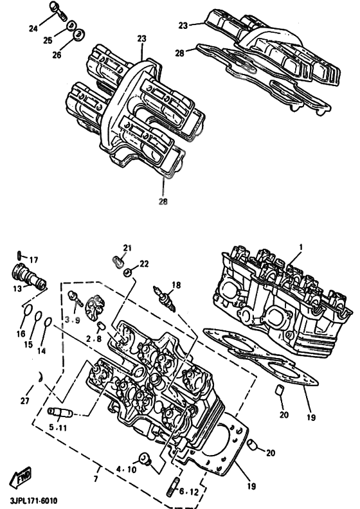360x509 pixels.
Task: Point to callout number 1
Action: click(300, 246)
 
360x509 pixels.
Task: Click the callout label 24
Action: click(33, 28)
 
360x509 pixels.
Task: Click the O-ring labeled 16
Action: click(27, 313)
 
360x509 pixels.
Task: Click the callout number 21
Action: click(127, 248)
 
